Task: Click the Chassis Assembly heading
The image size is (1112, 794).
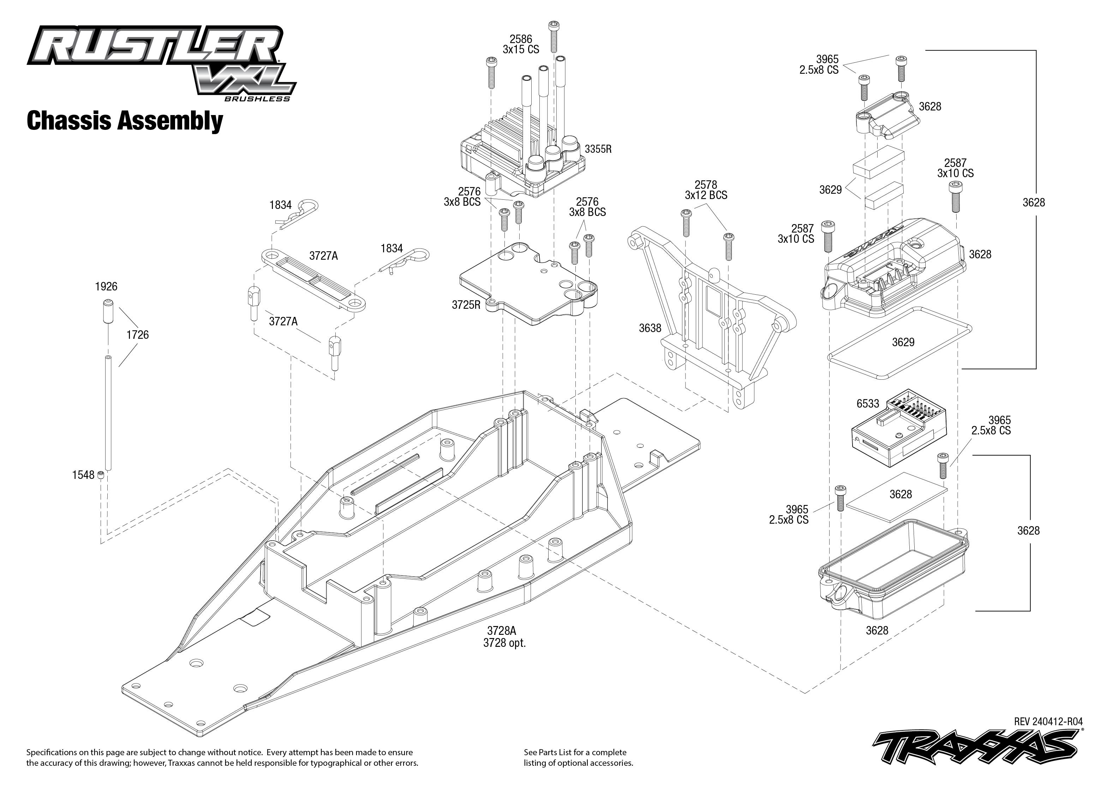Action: coord(125,121)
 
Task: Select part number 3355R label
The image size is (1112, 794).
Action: coord(598,149)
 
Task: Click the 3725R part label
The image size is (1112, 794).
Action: coord(466,305)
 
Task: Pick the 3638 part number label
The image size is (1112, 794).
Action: coord(650,329)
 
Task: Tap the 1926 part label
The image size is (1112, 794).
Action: coord(106,287)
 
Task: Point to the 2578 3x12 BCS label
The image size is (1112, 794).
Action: coord(706,190)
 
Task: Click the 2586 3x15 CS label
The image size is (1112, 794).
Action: coord(520,44)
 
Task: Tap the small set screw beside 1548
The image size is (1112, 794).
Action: coord(101,474)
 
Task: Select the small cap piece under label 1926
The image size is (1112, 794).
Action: coord(107,312)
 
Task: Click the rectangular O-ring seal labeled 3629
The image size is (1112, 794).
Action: coord(900,342)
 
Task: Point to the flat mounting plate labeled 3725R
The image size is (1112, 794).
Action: coord(528,284)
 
